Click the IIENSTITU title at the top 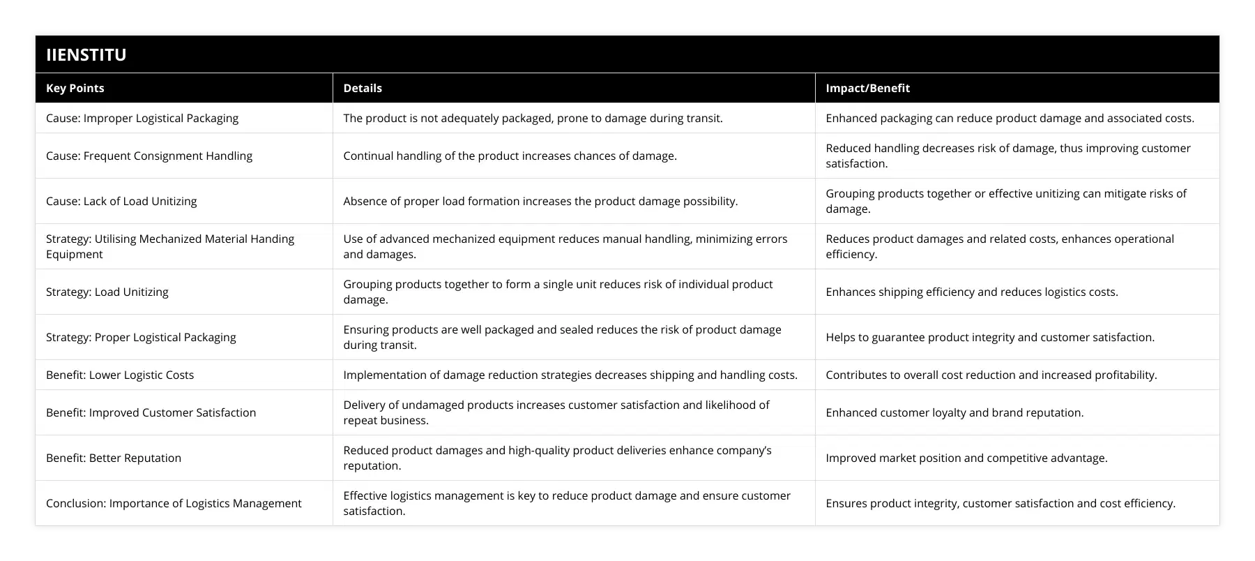(86, 54)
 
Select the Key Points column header (75, 88)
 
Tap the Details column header (363, 88)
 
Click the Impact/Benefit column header (867, 88)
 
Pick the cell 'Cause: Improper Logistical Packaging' (142, 118)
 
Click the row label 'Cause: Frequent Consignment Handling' (149, 156)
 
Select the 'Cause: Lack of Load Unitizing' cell (121, 201)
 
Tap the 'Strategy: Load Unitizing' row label (107, 292)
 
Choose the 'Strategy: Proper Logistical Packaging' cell (141, 337)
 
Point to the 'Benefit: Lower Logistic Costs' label (120, 375)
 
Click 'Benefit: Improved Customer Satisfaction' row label (151, 412)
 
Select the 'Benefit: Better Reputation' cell (114, 458)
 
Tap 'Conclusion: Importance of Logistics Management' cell (174, 503)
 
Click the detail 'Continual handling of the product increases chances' (510, 156)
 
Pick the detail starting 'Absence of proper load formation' (540, 201)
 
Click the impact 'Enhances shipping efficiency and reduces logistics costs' (971, 292)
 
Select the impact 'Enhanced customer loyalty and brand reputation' (954, 412)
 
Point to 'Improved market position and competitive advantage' (966, 458)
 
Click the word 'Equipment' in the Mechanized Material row (75, 254)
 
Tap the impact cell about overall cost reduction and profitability (991, 375)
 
